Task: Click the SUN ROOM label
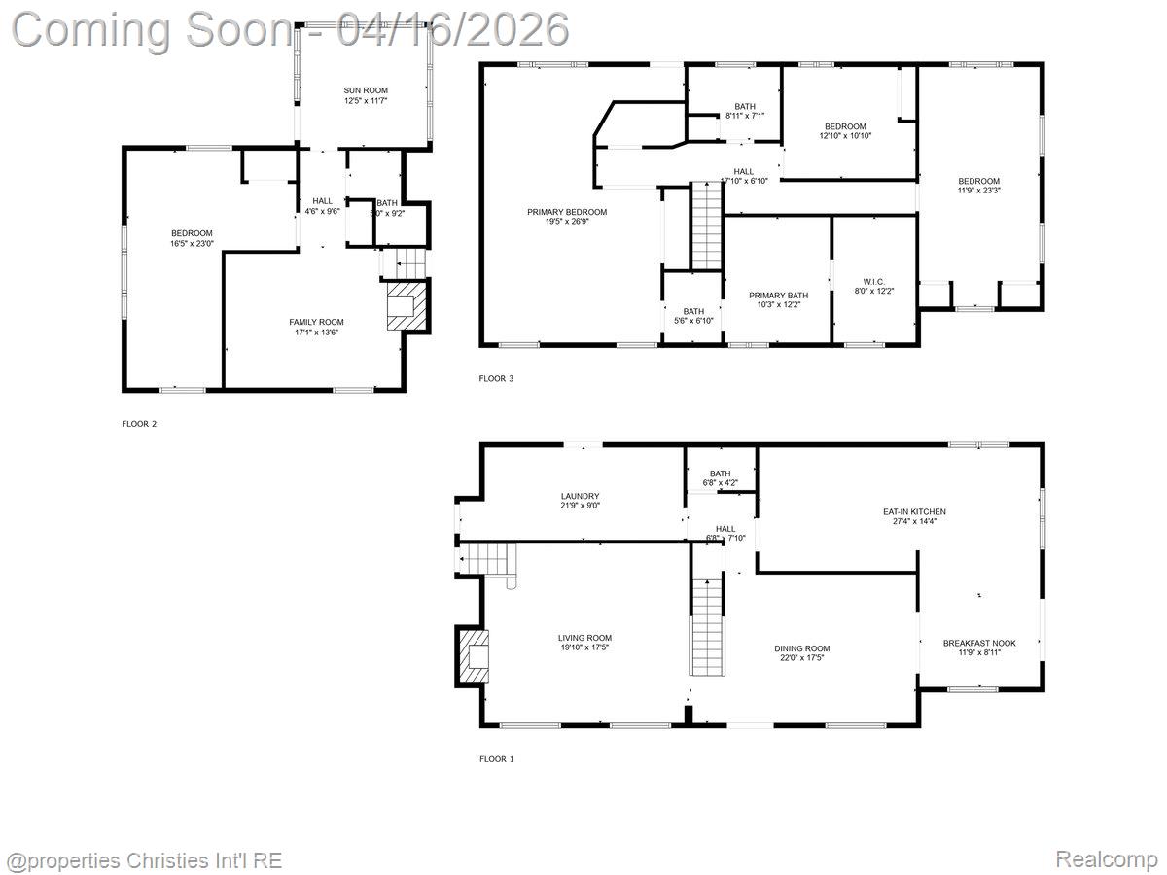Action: point(365,90)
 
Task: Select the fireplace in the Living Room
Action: point(475,657)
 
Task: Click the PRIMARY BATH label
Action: point(778,296)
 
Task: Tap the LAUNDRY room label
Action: point(580,496)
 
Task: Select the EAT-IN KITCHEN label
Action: point(913,511)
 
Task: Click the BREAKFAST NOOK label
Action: point(979,643)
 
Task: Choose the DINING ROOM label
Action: point(801,648)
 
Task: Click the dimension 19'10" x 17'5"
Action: point(584,647)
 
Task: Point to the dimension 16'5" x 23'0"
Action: point(192,243)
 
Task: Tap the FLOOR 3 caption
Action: point(496,378)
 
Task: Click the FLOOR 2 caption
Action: point(139,424)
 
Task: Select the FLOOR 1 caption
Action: point(496,758)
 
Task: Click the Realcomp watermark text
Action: point(1106,859)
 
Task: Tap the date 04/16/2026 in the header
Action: point(452,29)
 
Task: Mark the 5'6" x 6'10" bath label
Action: point(692,321)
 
